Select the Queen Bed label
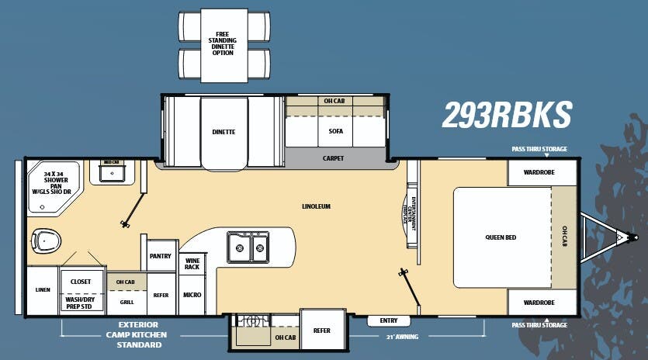pyautogui.click(x=501, y=237)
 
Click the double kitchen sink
pyautogui.click(x=248, y=248)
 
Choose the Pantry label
pyautogui.click(x=160, y=256)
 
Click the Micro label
pyautogui.click(x=192, y=295)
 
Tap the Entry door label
pyautogui.click(x=389, y=320)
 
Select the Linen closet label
pyautogui.click(x=42, y=290)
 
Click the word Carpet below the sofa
pyautogui.click(x=333, y=158)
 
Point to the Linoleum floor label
pyautogui.click(x=316, y=206)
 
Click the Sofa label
pyautogui.click(x=335, y=131)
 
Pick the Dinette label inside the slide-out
pyautogui.click(x=224, y=132)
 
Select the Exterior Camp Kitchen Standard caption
pyautogui.click(x=138, y=334)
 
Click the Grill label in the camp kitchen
pyautogui.click(x=126, y=303)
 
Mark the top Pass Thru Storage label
pyautogui.click(x=539, y=149)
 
